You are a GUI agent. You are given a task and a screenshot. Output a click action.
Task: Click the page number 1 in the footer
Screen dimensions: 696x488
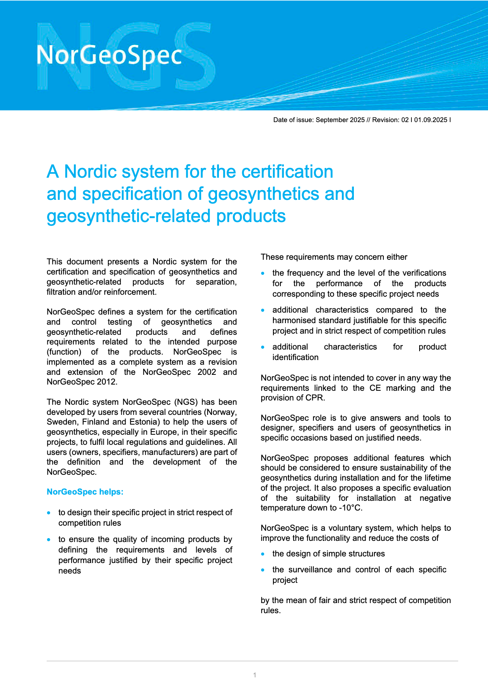[x=255, y=675]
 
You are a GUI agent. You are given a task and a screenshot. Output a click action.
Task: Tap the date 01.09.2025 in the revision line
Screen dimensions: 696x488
[x=430, y=120]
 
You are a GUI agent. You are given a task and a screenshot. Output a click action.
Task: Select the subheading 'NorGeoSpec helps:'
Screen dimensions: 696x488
[x=85, y=492]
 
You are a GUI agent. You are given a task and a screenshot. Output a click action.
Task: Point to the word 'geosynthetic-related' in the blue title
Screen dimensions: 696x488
[x=128, y=216]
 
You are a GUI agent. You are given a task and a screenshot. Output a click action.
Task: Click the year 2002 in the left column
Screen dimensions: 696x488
[x=206, y=372]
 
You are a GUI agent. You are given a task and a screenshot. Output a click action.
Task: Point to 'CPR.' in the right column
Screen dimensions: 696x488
[x=315, y=398]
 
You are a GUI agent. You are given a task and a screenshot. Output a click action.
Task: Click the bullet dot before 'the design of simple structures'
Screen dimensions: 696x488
[x=263, y=554]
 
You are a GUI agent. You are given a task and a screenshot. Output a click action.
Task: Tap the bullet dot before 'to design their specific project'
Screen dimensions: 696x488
[x=49, y=513]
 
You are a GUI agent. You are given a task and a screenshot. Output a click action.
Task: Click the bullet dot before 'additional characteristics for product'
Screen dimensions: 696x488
[x=263, y=347]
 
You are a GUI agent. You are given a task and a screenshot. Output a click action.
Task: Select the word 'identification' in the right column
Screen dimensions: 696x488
[x=295, y=357]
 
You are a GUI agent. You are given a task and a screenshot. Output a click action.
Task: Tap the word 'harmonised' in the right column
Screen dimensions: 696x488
[x=292, y=320]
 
